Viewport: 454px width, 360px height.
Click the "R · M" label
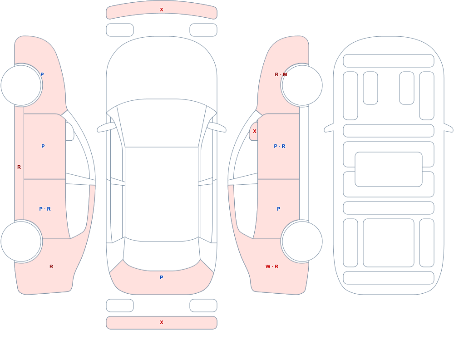[281, 74]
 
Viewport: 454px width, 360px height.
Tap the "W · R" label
[271, 266]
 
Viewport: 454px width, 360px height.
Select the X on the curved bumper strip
[162, 10]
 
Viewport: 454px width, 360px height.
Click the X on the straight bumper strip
[162, 322]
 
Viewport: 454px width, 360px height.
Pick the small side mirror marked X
[254, 131]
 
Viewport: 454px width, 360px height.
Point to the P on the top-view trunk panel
[162, 277]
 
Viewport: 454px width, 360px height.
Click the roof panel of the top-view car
[162, 194]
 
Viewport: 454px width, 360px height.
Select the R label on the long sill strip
[19, 167]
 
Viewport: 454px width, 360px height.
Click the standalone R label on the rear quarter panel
[51, 266]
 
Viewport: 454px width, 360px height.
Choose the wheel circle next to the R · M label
[302, 85]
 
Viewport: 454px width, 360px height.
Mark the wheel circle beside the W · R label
[302, 241]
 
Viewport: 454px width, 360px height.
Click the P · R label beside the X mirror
[279, 146]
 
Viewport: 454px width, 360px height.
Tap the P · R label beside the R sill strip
[45, 209]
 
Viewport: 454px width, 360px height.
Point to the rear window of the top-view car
[162, 254]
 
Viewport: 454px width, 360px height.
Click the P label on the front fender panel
[42, 74]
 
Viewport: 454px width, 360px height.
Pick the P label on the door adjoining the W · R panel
[279, 209]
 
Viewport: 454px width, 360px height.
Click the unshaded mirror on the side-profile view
[70, 132]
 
